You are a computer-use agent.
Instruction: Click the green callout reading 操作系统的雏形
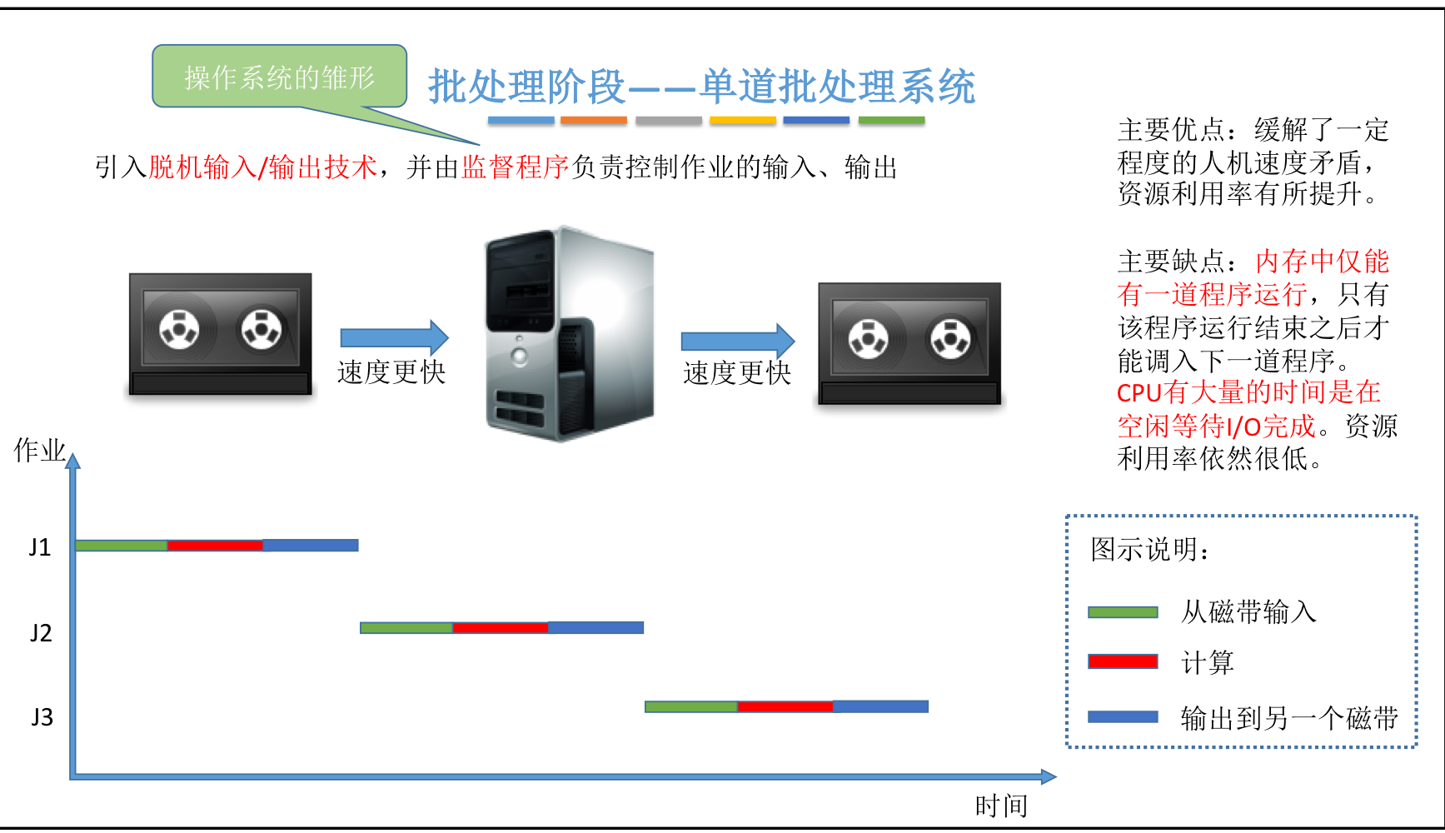(x=279, y=77)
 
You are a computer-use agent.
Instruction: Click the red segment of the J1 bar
(x=215, y=546)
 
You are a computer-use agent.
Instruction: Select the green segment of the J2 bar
(x=406, y=627)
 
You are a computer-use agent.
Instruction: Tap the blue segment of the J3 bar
(x=880, y=706)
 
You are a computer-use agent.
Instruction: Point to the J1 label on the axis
(x=40, y=547)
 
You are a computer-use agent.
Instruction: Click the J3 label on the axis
(x=42, y=717)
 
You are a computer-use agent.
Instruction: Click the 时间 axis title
(x=1001, y=806)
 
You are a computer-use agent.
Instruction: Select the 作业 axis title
(x=39, y=451)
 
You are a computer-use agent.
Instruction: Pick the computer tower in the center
(x=569, y=333)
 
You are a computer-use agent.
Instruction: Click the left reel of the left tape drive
(x=179, y=328)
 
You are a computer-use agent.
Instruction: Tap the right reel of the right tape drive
(x=950, y=338)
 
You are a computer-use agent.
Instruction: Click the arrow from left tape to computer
(x=394, y=337)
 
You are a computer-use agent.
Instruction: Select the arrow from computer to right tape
(x=737, y=341)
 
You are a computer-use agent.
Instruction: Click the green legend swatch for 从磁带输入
(x=1123, y=612)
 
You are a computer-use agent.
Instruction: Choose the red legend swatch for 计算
(x=1123, y=661)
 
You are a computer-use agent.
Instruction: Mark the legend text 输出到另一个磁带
(x=1288, y=718)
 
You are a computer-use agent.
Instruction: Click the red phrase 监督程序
(x=516, y=167)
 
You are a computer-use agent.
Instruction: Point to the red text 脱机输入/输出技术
(x=262, y=167)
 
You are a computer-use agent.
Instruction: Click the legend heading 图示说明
(x=1149, y=550)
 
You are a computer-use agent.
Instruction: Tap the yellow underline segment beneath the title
(x=742, y=121)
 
